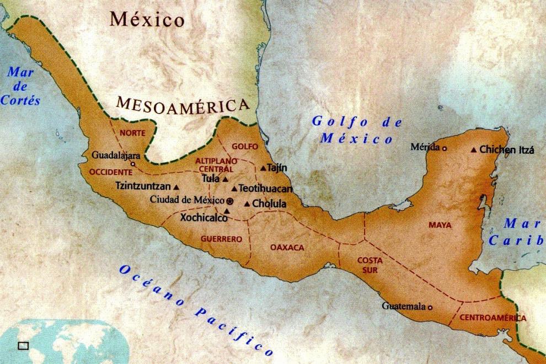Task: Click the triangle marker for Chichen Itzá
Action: [474, 149]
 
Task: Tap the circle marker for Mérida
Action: [445, 147]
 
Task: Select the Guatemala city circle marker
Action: [430, 307]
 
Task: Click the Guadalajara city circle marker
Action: [132, 164]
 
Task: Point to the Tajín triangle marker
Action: [263, 168]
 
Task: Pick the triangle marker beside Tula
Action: [225, 179]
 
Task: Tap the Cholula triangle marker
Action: [247, 204]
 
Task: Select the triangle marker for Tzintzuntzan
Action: [176, 187]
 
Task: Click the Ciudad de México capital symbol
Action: [230, 201]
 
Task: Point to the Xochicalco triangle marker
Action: [226, 210]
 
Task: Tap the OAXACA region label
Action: [287, 248]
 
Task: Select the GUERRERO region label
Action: [221, 239]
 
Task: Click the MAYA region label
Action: [440, 225]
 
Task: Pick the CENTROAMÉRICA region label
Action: [493, 318]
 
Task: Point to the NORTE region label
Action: [132, 133]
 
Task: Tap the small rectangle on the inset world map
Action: [23, 346]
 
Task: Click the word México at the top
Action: [147, 20]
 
